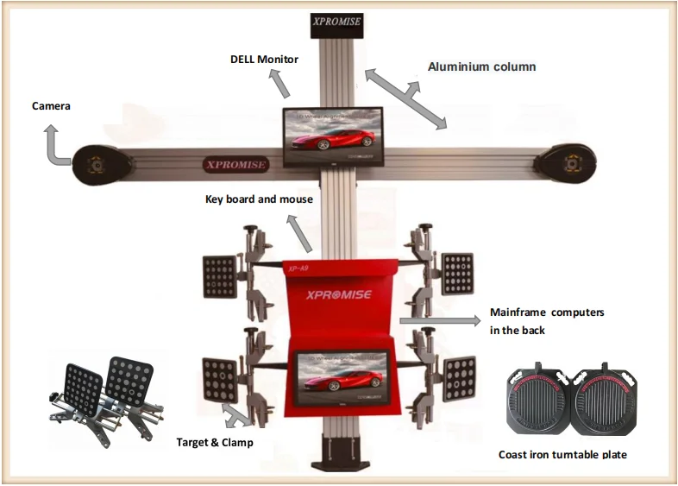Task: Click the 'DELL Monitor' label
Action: point(264,60)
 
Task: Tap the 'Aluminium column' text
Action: point(482,66)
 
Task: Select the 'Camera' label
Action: point(51,106)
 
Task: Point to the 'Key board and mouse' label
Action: point(259,199)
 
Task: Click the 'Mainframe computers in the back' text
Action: point(546,321)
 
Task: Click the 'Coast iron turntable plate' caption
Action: point(562,454)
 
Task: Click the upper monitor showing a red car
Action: point(333,137)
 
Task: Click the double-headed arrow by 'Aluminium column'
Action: point(405,98)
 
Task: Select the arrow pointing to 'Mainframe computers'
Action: point(441,320)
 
